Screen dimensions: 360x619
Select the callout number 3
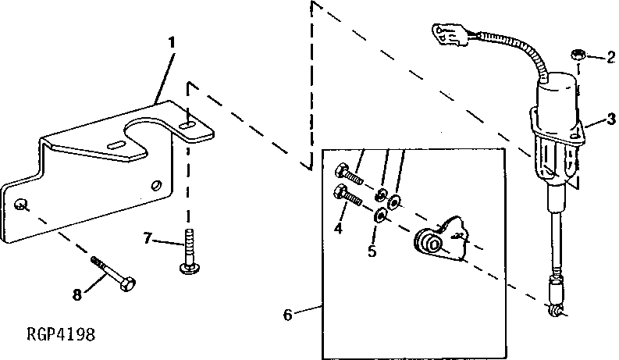[610, 120]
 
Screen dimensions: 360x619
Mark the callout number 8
[77, 295]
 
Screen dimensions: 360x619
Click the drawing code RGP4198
[61, 336]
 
